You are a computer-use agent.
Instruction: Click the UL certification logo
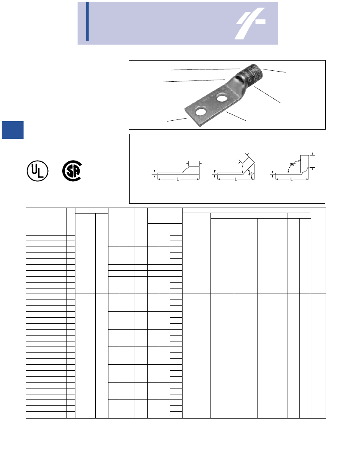pyautogui.click(x=38, y=171)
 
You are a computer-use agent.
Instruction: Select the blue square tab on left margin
pyautogui.click(x=12, y=130)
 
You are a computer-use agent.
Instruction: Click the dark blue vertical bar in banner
pyautogui.click(x=87, y=21)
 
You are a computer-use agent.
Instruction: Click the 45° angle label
pyautogui.click(x=250, y=174)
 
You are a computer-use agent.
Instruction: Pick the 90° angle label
pyautogui.click(x=292, y=164)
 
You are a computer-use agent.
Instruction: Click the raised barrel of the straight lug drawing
pyautogui.click(x=191, y=169)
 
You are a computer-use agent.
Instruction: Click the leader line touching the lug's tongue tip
pyautogui.click(x=177, y=120)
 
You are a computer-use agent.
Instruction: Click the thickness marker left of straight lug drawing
pyautogui.click(x=153, y=173)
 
